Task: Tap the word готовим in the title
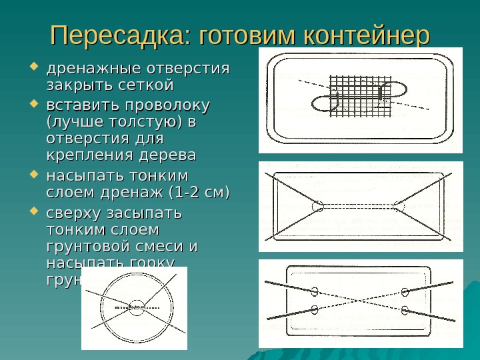click(x=250, y=35)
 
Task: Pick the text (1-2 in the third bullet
click(x=184, y=194)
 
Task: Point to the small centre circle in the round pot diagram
click(x=136, y=308)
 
